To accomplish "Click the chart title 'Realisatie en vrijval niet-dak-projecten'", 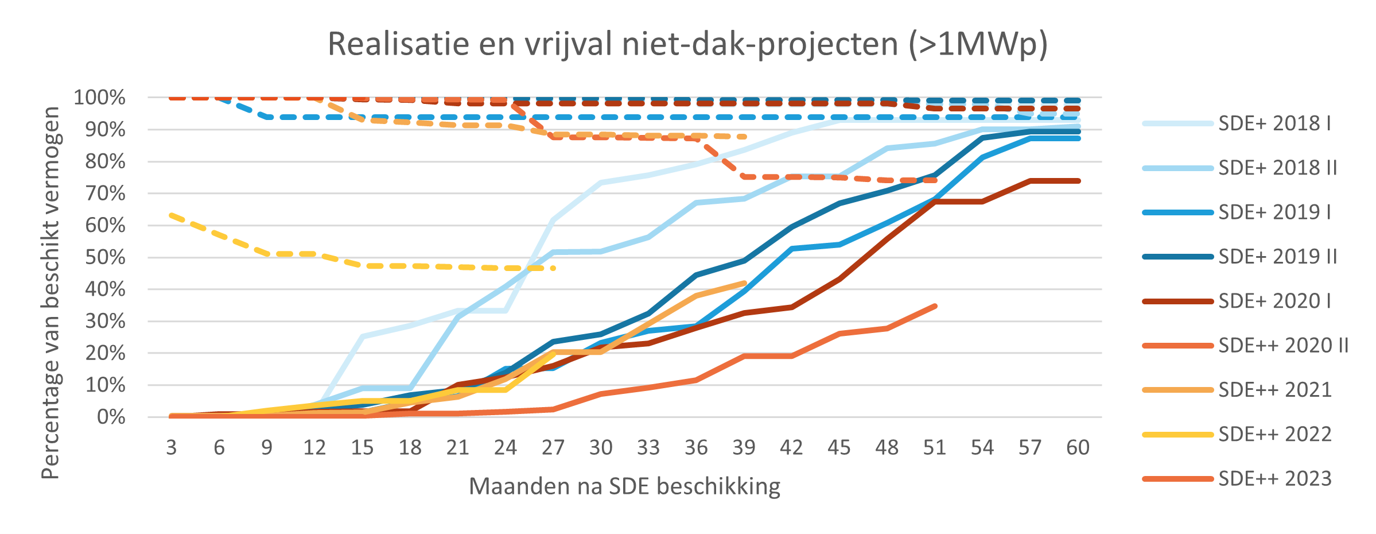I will point(687,44).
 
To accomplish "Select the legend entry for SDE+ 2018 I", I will point(1274,123).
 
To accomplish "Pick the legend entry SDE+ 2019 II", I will point(1278,257).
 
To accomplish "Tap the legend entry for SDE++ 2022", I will point(1275,434).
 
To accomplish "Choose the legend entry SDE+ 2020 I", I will point(1274,301).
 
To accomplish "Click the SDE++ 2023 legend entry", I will point(1275,478).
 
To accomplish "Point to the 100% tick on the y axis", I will point(100,98).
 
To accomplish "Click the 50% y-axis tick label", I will point(106,257).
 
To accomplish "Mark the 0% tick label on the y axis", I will point(111,417).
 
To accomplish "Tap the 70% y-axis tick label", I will point(106,194).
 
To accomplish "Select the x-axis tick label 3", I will point(172,447).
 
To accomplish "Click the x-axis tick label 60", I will point(1078,447).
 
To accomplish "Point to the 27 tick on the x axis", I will point(553,447).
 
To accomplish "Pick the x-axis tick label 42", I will point(791,447).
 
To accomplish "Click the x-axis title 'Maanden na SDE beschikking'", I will point(624,486).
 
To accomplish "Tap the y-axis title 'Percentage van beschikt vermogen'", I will point(50,293).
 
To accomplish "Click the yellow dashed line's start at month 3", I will point(172,215).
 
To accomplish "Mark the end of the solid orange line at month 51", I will point(935,306).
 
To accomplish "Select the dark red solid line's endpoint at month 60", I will point(1078,181).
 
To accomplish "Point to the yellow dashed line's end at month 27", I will point(553,268).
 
